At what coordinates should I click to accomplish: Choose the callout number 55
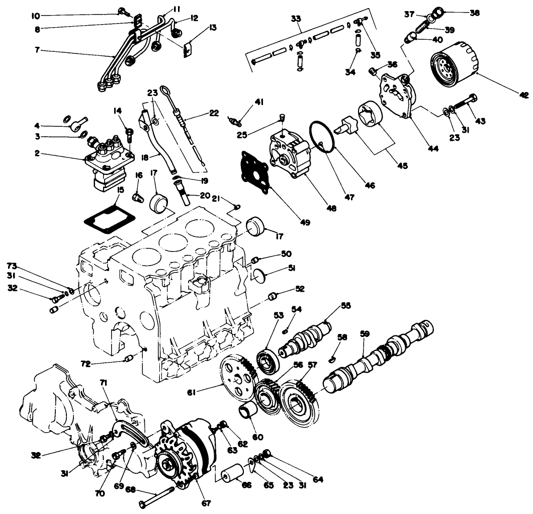pos(345,305)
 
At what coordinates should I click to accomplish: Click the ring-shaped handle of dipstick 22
pos(166,92)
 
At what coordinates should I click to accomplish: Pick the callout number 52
pos(300,289)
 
